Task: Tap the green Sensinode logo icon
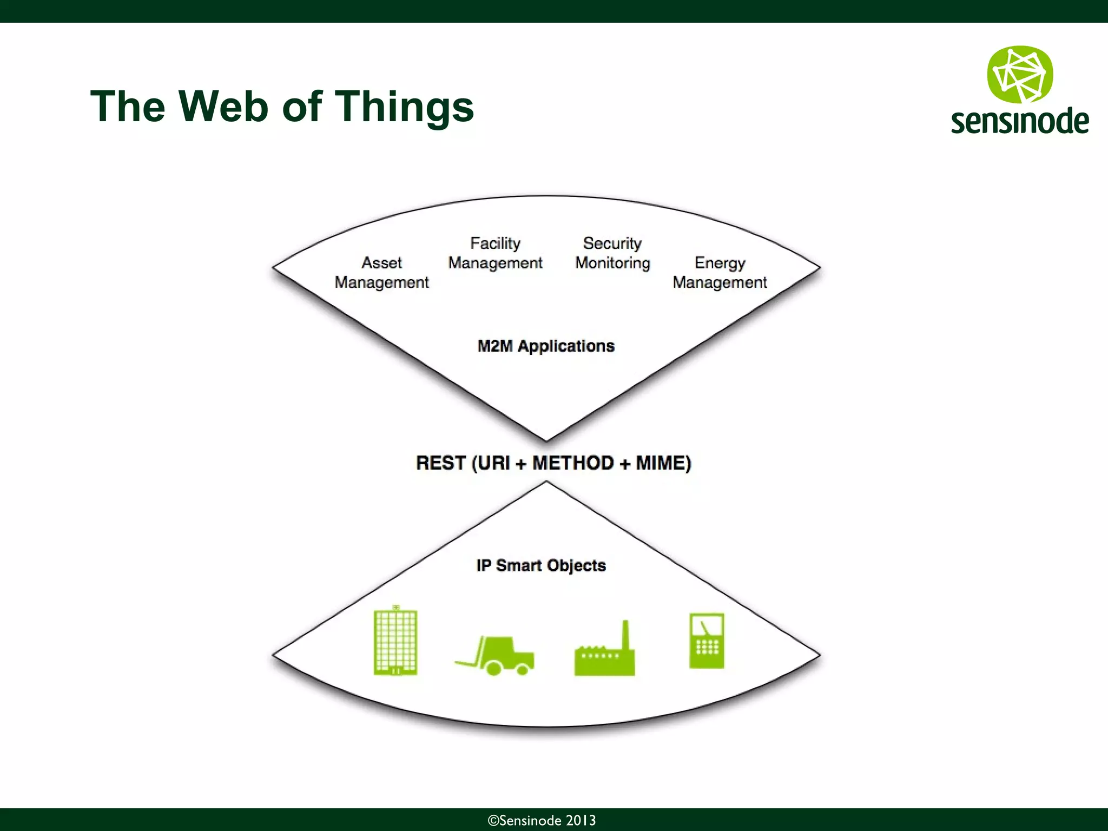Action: (x=1020, y=75)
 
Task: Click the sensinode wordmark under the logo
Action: (x=1020, y=121)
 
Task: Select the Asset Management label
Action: (x=381, y=273)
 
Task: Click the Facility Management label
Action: (x=495, y=253)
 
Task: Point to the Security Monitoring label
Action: (x=612, y=253)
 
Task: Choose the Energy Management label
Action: (x=720, y=273)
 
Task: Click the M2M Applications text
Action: (x=546, y=346)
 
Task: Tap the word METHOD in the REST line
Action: (x=573, y=463)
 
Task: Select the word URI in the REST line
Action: (x=494, y=463)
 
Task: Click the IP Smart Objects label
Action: (x=541, y=566)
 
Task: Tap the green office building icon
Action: (x=395, y=642)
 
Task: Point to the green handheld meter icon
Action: (x=707, y=641)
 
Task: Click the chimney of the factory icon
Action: (x=626, y=635)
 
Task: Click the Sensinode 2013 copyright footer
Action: (x=542, y=820)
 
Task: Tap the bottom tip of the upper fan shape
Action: (x=546, y=439)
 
